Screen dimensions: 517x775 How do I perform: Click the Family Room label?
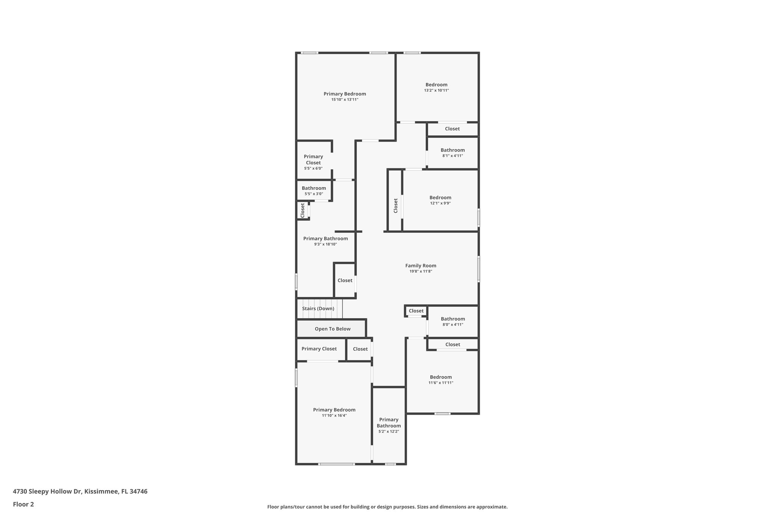(x=420, y=266)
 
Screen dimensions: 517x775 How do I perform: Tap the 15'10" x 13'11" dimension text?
(x=344, y=100)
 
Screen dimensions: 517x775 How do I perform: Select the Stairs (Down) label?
(x=318, y=308)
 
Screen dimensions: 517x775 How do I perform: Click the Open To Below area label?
(x=332, y=329)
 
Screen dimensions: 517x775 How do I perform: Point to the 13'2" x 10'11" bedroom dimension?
(x=436, y=91)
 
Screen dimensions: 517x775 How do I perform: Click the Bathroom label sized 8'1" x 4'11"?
(x=452, y=150)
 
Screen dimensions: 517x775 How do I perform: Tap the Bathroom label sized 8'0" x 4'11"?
(x=453, y=319)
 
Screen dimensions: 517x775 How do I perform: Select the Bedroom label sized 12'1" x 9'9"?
(x=440, y=197)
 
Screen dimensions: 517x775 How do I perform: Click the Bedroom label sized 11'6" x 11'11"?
(x=440, y=377)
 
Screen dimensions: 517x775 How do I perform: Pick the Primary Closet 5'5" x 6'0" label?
(x=313, y=159)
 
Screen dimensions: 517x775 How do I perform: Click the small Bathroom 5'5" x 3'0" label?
(x=314, y=188)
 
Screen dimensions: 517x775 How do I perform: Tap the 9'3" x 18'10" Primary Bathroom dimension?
(x=325, y=244)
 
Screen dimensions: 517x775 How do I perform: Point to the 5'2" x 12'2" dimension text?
(x=389, y=431)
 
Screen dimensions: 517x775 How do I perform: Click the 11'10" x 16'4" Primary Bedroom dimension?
(x=334, y=415)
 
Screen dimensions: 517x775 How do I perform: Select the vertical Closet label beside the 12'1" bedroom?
(x=395, y=206)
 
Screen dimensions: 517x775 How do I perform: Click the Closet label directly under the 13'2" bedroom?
(x=452, y=129)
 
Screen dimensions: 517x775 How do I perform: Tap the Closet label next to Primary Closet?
(x=360, y=349)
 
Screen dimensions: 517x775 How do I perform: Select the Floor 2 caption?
(x=23, y=504)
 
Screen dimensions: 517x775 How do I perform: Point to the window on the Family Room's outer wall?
(x=479, y=269)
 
